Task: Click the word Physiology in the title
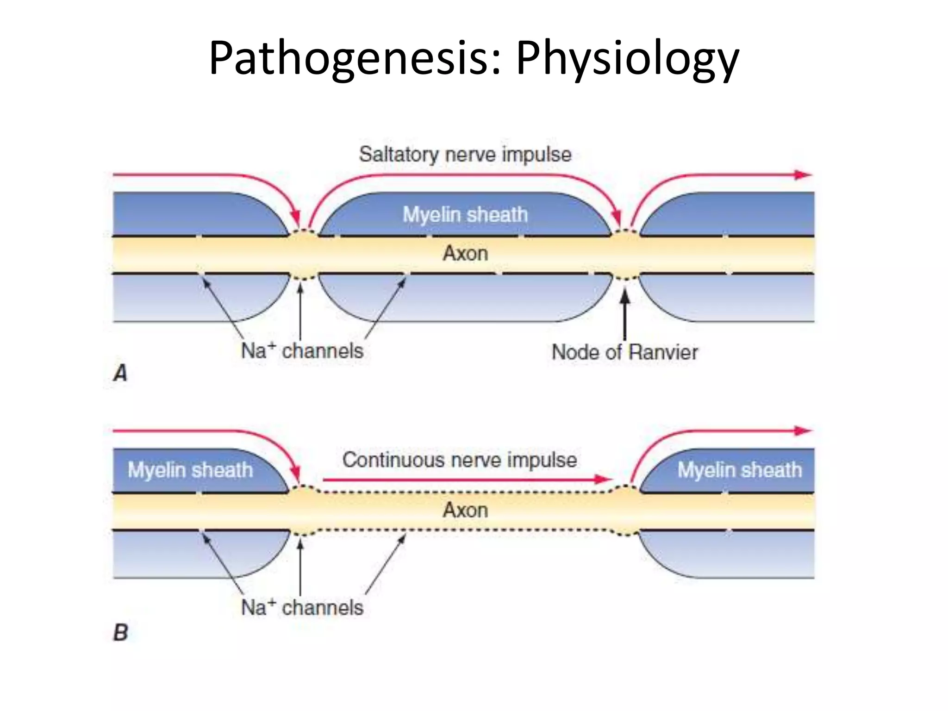point(627,59)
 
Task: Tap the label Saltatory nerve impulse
point(465,155)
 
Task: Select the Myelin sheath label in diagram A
point(465,215)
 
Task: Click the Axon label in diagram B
point(465,510)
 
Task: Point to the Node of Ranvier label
point(624,353)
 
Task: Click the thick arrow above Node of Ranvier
point(624,315)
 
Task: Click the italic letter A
point(120,373)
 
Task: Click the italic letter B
point(120,633)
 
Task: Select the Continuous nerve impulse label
point(459,460)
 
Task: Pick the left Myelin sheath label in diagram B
point(190,470)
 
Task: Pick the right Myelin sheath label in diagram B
point(739,470)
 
